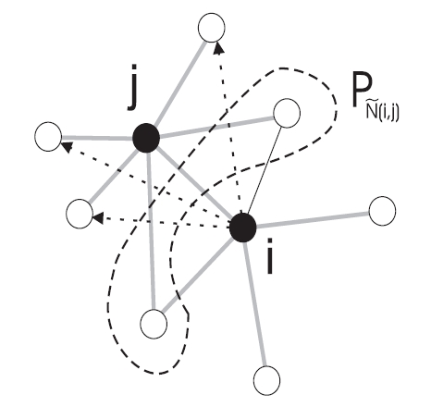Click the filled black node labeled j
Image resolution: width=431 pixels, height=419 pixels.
point(146,138)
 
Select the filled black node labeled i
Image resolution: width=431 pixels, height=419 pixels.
point(243,228)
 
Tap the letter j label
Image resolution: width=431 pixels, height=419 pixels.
point(133,87)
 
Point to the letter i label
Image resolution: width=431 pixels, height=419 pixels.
point(270,256)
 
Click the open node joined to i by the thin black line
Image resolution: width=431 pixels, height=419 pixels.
point(287,113)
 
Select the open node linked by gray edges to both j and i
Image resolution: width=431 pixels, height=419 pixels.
point(154,324)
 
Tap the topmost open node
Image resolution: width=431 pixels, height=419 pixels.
point(212,28)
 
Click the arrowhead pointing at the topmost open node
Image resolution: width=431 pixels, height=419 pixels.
point(218,48)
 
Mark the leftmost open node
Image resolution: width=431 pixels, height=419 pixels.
point(48,137)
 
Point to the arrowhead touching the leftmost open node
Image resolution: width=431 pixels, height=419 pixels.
point(67,146)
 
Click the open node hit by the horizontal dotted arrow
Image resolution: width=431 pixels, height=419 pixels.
point(80,214)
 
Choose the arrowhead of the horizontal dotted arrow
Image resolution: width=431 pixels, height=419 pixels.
point(98,218)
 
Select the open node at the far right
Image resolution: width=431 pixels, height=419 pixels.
point(382,211)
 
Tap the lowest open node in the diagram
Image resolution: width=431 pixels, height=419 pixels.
point(267,380)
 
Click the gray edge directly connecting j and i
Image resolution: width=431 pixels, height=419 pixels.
point(194,182)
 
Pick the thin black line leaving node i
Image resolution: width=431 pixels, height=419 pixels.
point(265,170)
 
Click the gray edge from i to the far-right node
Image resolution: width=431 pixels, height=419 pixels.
point(313,219)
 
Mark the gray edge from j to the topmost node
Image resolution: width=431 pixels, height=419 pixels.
point(179,83)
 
